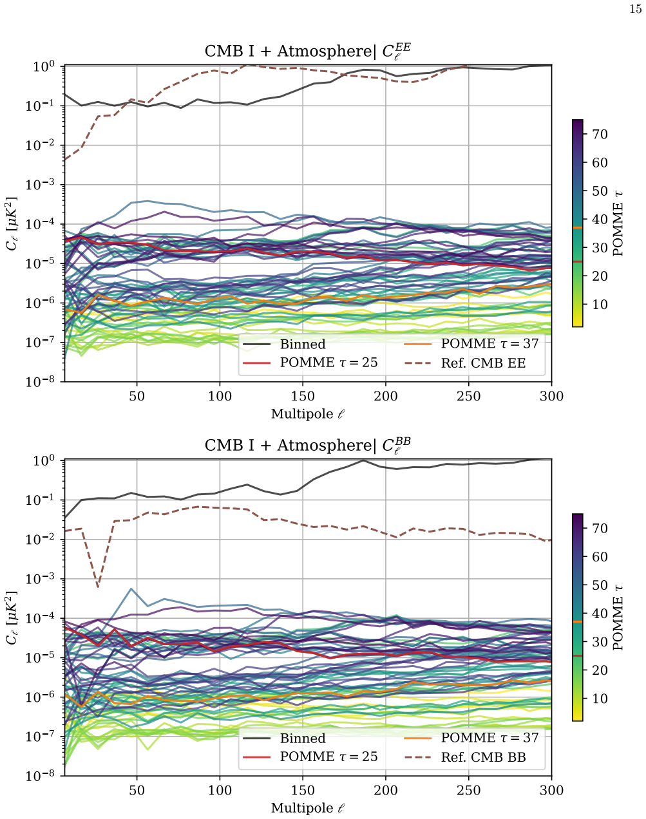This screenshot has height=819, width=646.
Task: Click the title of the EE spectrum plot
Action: pyautogui.click(x=308, y=52)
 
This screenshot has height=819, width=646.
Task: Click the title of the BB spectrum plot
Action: pyautogui.click(x=308, y=445)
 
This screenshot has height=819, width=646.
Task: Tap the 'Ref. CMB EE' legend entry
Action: pyautogui.click(x=465, y=363)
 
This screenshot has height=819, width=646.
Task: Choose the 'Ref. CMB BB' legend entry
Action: pyautogui.click(x=465, y=757)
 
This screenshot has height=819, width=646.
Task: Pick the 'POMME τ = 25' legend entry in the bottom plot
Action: pyautogui.click(x=310, y=757)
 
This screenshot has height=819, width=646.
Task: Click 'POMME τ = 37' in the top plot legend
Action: pyautogui.click(x=471, y=344)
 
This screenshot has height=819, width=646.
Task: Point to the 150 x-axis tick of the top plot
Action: pyautogui.click(x=303, y=396)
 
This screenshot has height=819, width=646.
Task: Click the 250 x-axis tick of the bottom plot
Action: pyautogui.click(x=469, y=791)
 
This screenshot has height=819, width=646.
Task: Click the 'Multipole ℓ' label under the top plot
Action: pyautogui.click(x=308, y=414)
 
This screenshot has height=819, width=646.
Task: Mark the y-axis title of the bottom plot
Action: pyautogui.click(x=12, y=618)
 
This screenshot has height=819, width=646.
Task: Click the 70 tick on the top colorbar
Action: pyautogui.click(x=600, y=135)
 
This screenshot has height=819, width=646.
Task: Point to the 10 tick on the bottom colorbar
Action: pyautogui.click(x=600, y=699)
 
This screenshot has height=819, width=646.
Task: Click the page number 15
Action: pyautogui.click(x=635, y=9)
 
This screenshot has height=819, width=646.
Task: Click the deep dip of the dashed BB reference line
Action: pyautogui.click(x=98, y=587)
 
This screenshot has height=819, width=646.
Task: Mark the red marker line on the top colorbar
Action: pyautogui.click(x=578, y=261)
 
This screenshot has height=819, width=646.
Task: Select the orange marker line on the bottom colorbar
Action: pyautogui.click(x=578, y=621)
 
